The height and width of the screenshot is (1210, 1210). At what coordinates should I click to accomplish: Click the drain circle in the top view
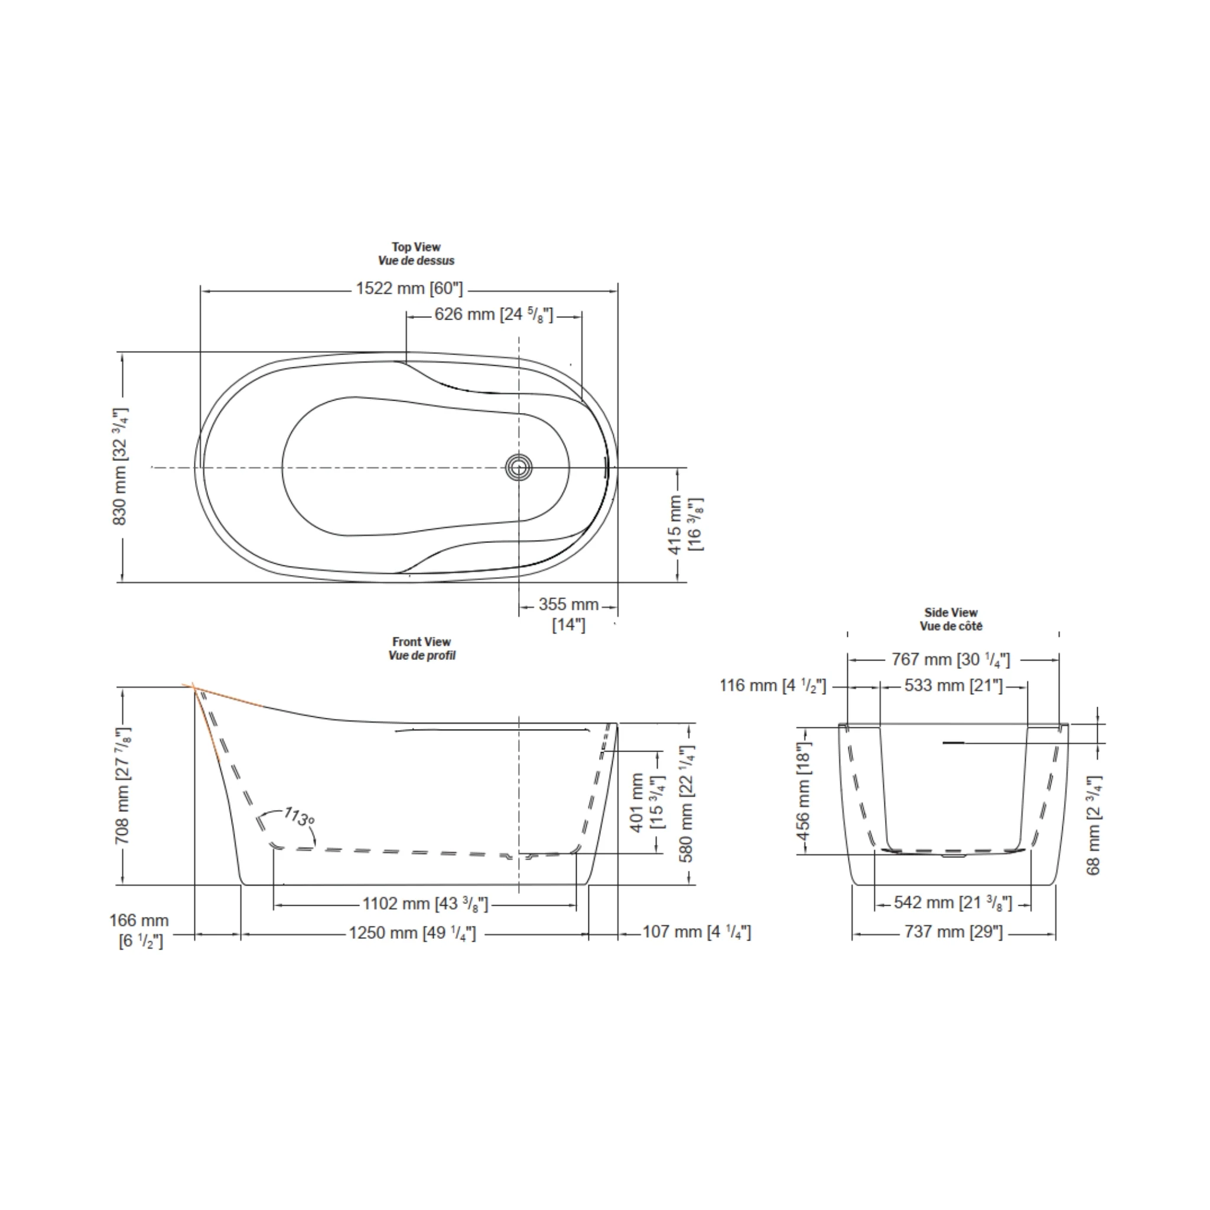click(519, 467)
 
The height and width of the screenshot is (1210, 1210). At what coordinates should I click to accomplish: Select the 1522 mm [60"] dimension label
click(409, 289)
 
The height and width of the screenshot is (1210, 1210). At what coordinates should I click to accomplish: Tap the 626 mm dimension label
click(494, 314)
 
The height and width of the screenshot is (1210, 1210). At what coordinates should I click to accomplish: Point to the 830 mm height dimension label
click(121, 467)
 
